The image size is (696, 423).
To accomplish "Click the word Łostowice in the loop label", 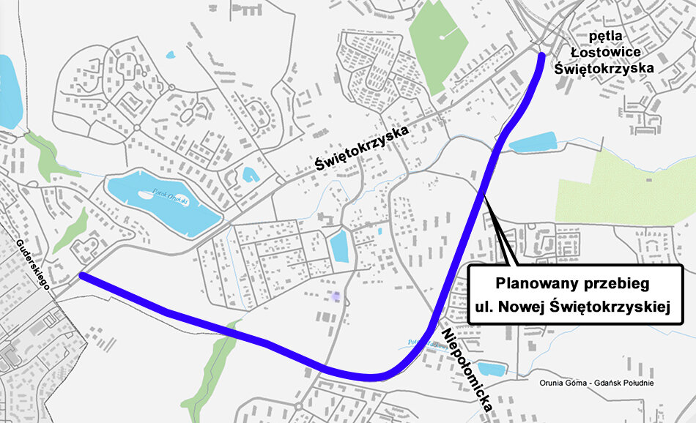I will [x=610, y=51].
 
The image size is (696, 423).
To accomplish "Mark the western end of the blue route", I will [x=82, y=276].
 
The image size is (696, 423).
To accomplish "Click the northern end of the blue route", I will [x=541, y=56].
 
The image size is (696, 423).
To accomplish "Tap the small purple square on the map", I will [x=336, y=296].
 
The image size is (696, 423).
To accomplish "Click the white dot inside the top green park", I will [x=443, y=36].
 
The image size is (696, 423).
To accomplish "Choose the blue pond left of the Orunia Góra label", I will [x=491, y=370].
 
